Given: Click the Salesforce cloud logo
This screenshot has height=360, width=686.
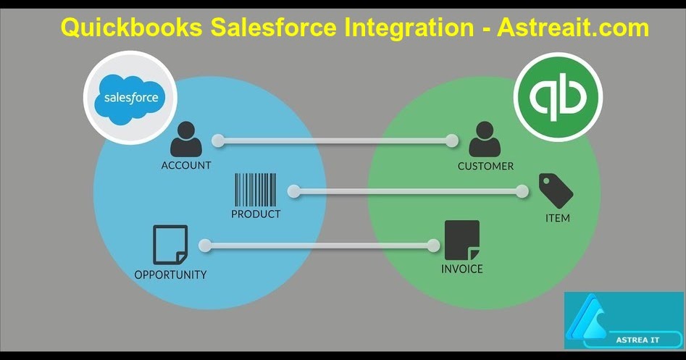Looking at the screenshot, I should (x=130, y=98).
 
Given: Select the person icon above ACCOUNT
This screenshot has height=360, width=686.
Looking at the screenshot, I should (x=185, y=141).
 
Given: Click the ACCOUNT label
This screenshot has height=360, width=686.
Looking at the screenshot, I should (x=186, y=165).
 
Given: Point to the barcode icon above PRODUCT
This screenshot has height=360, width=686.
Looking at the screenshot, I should (x=255, y=191).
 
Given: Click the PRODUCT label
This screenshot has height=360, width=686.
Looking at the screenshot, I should (x=256, y=214).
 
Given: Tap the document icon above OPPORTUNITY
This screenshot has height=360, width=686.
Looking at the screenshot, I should (x=170, y=245).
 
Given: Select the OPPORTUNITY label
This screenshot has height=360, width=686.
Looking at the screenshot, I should (x=170, y=275).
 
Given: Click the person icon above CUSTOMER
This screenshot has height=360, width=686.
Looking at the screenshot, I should (x=485, y=141).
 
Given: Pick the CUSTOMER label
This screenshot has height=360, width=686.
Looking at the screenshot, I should (x=485, y=166).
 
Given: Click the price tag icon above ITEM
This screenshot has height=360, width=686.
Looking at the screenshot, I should (x=556, y=191).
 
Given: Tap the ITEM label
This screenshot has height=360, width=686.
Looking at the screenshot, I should (x=557, y=217).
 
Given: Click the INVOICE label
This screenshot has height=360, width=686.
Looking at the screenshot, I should (x=462, y=269).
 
